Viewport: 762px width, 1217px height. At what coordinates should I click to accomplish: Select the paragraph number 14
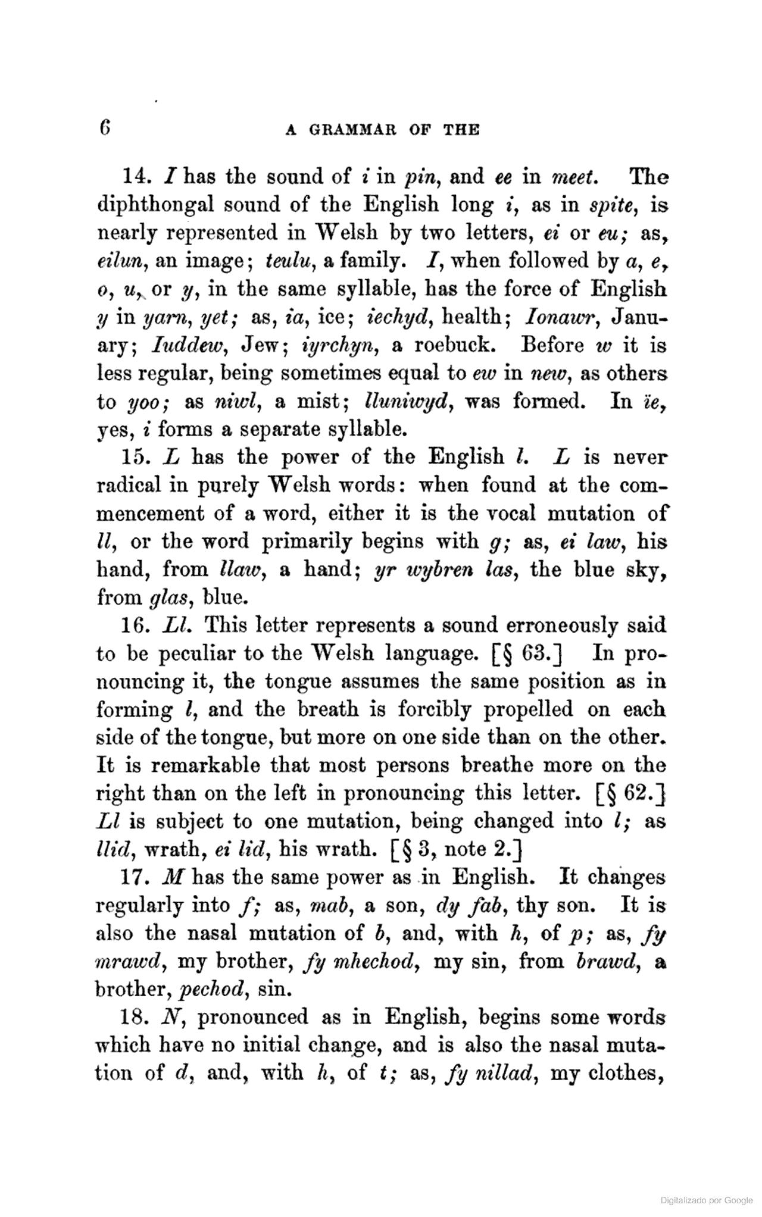(x=135, y=177)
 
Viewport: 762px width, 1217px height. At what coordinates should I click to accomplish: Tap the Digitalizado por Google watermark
(x=706, y=1200)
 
